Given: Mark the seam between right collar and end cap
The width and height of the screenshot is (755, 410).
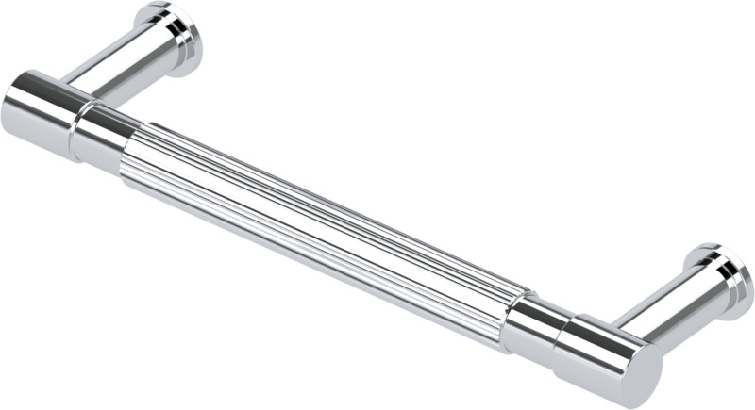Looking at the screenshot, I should (x=562, y=339).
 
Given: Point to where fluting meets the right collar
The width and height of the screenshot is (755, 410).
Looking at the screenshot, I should (x=513, y=316).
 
